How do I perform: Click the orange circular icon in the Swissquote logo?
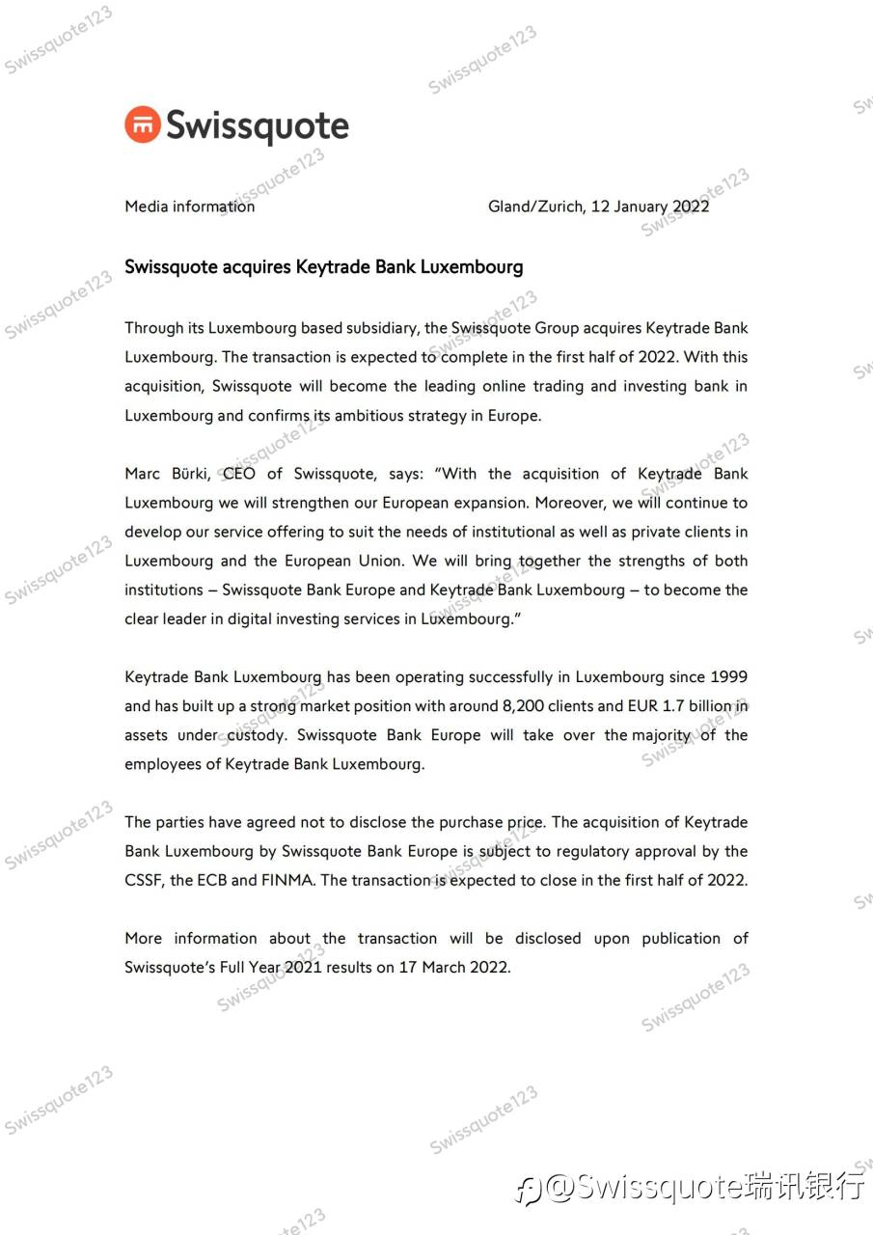point(143,125)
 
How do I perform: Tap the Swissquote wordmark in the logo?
point(257,126)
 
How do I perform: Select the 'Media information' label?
point(190,206)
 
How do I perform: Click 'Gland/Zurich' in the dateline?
point(535,206)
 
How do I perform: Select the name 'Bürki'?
point(188,474)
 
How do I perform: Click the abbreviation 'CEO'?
point(238,474)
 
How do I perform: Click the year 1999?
point(728,677)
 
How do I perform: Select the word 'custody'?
point(255,735)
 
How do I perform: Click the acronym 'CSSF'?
point(143,881)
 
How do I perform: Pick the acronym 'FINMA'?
point(290,881)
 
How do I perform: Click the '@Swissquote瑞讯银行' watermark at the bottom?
point(690,1186)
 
